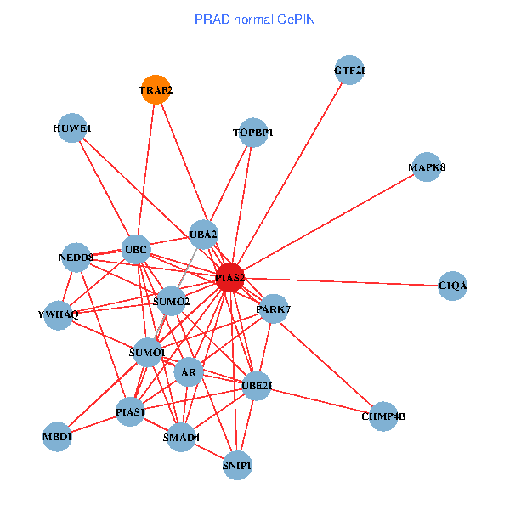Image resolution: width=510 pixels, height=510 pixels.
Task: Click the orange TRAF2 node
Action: pos(156,89)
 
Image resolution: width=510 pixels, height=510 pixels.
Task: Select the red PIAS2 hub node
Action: pos(229,277)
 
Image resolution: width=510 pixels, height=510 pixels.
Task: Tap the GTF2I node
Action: pos(349,70)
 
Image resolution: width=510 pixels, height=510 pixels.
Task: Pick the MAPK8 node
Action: pos(427,167)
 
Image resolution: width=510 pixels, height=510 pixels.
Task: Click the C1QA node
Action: pos(453,286)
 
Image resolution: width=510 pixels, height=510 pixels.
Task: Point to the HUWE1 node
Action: pos(72,128)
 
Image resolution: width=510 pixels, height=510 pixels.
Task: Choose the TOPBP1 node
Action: pos(253,133)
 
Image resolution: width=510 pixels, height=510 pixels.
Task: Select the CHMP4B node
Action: pos(383,416)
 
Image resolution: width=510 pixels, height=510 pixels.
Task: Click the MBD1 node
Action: pos(58,437)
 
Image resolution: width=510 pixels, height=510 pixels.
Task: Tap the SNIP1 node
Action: pos(237,465)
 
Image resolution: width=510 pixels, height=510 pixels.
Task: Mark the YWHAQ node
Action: pos(58,314)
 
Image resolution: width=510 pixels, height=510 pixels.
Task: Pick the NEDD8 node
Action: pos(76,257)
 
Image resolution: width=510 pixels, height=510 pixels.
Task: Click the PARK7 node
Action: pos(273,309)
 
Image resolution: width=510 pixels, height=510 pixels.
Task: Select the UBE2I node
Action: pos(257,386)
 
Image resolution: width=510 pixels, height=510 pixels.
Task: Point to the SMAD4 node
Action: pos(181,438)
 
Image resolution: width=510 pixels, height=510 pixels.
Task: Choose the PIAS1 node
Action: pos(130,412)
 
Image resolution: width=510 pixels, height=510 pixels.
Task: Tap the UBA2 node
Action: pos(204,234)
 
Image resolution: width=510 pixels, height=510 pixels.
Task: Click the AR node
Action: pos(189,372)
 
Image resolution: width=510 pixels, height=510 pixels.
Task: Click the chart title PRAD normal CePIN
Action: pos(255,19)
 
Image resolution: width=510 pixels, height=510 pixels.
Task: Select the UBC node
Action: pos(136,250)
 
